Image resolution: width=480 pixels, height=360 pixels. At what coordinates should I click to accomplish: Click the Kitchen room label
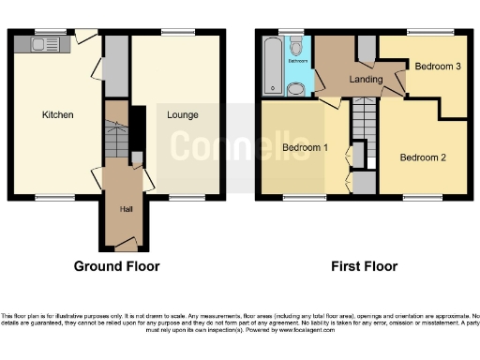click(57, 115)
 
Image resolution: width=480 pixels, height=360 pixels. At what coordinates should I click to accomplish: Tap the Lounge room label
click(181, 115)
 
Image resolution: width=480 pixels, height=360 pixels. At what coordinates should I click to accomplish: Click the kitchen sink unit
click(44, 42)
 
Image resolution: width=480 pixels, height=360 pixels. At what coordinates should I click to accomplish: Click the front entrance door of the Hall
click(124, 246)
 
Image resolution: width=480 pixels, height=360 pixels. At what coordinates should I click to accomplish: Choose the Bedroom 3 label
click(438, 67)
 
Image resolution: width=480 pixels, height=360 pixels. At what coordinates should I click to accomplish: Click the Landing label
click(366, 80)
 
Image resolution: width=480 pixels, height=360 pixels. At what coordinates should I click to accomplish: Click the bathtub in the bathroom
click(274, 66)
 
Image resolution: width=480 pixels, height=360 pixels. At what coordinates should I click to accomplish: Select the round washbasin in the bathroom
click(297, 89)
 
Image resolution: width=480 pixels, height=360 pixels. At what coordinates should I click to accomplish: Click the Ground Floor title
click(117, 266)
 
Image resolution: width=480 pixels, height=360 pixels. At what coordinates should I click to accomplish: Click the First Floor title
click(364, 266)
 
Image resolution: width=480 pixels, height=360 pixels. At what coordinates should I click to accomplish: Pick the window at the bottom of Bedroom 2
click(418, 198)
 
